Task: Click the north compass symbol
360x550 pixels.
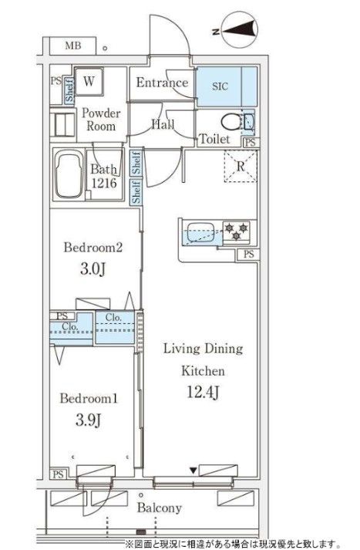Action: (x=240, y=29)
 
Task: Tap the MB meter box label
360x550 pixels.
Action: (x=73, y=46)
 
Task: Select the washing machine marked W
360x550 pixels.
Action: (x=89, y=81)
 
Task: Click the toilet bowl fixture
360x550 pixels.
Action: (x=230, y=122)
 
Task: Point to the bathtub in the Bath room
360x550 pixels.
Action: (x=69, y=175)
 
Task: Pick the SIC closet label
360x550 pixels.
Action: (x=220, y=86)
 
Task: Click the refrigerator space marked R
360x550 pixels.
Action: (x=241, y=166)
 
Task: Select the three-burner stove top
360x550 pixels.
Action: (x=237, y=232)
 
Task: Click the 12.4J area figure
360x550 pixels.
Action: (x=204, y=392)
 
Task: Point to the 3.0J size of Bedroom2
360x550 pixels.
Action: (x=93, y=269)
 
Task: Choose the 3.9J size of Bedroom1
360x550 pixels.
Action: (x=89, y=420)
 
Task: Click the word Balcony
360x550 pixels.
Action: (x=160, y=508)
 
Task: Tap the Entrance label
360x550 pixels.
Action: (x=163, y=83)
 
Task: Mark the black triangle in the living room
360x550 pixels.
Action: (x=193, y=471)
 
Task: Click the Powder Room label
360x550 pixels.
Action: (x=101, y=120)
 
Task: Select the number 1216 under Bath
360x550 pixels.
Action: (x=104, y=183)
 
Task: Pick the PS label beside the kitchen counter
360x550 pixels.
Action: (x=248, y=254)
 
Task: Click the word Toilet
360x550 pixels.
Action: (x=214, y=139)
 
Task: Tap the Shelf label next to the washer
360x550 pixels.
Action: (x=69, y=90)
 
